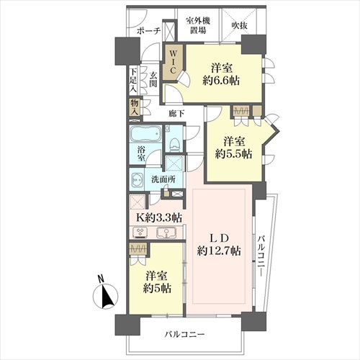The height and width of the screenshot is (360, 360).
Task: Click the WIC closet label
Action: click(x=173, y=62)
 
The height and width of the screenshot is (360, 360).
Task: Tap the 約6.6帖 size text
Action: click(x=221, y=81)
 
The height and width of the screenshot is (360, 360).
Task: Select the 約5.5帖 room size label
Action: click(x=233, y=154)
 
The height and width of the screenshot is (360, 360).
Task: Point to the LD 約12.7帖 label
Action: click(x=219, y=245)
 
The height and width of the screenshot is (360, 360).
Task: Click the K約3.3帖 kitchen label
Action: click(x=159, y=217)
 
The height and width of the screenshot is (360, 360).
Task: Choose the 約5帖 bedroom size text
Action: click(x=157, y=288)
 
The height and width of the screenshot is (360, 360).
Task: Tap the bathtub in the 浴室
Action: click(x=145, y=134)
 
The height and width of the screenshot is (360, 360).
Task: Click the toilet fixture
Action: click(x=174, y=144)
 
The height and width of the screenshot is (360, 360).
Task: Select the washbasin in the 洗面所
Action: click(x=137, y=179)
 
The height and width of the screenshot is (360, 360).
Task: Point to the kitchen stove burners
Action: click(x=139, y=233)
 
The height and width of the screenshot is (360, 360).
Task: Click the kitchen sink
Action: click(x=166, y=233)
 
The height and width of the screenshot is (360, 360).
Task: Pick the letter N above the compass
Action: click(x=101, y=279)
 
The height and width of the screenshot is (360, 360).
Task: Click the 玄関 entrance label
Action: click(x=153, y=79)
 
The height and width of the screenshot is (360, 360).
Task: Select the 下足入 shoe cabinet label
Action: click(x=134, y=81)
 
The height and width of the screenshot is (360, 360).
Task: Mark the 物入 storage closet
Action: click(x=135, y=108)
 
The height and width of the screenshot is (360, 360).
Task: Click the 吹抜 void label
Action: click(x=240, y=25)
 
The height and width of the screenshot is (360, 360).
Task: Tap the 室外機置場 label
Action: click(x=198, y=25)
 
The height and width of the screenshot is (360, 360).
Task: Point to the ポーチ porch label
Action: click(x=149, y=31)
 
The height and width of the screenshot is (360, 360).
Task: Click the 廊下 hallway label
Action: click(x=176, y=113)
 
